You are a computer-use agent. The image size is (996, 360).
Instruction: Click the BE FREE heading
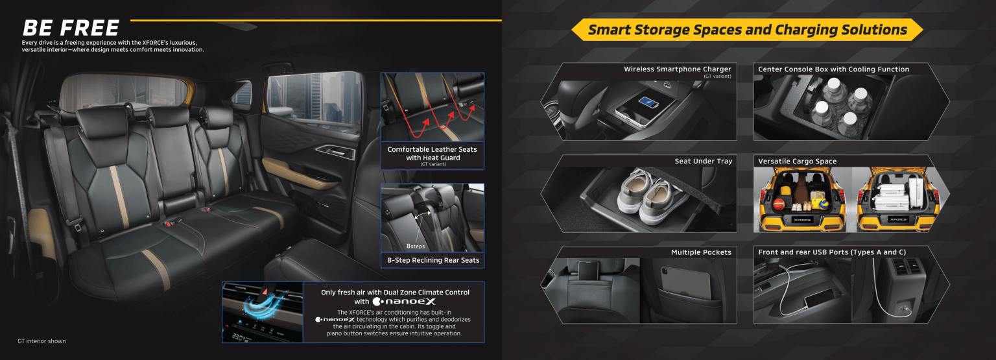[71, 28]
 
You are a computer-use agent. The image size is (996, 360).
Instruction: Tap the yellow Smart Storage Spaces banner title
[747, 30]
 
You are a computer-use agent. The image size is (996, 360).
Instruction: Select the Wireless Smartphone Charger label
[677, 69]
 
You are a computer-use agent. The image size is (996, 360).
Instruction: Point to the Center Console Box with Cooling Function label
[833, 69]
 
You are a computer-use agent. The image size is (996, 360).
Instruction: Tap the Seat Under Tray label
[703, 162]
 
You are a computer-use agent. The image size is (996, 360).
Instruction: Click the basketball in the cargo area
[779, 205]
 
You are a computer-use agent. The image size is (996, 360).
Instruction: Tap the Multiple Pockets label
[700, 252]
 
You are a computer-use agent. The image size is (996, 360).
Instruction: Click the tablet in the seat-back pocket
[687, 283]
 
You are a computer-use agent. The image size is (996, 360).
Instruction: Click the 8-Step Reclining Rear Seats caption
[432, 260]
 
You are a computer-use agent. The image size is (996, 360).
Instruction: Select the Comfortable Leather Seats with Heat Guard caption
[432, 154]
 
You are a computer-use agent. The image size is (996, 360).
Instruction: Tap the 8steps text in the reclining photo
[416, 246]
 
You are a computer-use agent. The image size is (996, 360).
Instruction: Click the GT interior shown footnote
[41, 341]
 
